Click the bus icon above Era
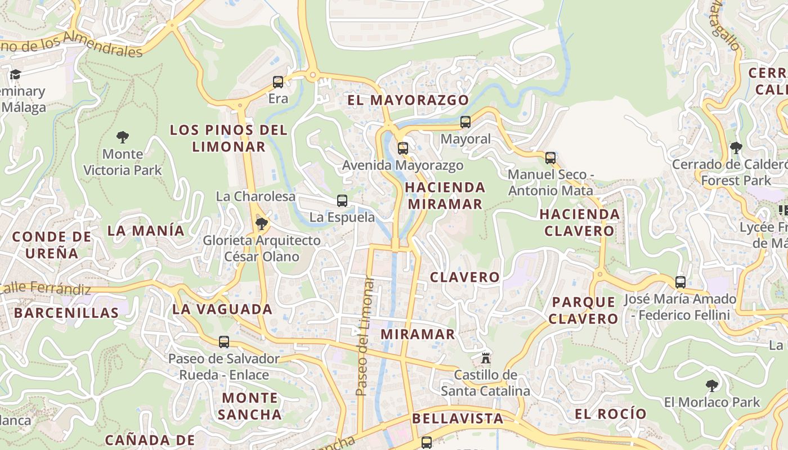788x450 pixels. point(278,82)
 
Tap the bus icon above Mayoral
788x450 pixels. point(465,122)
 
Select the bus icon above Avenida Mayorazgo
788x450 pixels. point(402,148)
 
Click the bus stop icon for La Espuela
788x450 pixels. point(342,201)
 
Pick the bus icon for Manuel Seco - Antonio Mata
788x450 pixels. point(550,158)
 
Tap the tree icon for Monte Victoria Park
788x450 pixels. point(123,137)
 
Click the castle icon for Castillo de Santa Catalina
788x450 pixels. point(485,358)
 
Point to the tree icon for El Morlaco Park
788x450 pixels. point(711,386)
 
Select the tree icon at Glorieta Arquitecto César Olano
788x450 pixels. point(261,224)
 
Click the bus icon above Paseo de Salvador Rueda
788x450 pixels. point(224,341)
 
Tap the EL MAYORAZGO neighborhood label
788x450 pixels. point(408,100)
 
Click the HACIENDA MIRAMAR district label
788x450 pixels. point(445,195)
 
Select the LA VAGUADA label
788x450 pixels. point(222,309)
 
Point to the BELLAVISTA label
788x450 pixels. point(458,418)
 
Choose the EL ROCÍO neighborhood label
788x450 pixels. point(610,414)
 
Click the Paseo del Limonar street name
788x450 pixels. point(365,335)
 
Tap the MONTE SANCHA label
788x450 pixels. point(249,406)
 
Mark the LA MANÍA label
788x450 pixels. point(146,230)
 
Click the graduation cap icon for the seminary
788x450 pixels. point(15,75)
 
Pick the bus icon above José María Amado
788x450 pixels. point(680,282)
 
